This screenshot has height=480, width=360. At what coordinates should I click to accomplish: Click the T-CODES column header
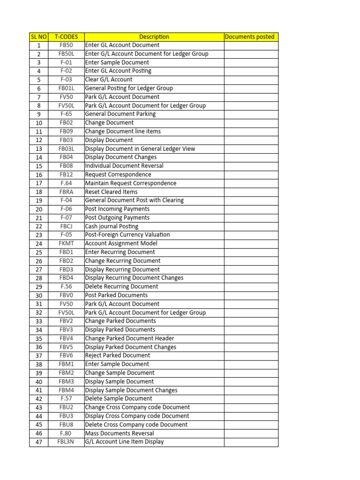66,37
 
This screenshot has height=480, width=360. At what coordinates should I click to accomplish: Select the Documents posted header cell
250,37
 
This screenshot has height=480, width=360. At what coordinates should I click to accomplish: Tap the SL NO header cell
38,37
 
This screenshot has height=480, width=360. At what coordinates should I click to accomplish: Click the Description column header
154,37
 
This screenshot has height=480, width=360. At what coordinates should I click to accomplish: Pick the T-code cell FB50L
66,54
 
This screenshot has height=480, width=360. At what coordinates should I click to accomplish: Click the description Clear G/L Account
109,80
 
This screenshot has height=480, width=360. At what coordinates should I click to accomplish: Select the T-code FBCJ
66,226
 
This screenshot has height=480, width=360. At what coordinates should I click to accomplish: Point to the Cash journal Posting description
112,226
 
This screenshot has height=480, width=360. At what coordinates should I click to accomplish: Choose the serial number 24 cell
38,244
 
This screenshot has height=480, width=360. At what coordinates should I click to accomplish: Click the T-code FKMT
66,244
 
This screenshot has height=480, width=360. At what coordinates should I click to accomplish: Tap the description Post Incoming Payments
117,209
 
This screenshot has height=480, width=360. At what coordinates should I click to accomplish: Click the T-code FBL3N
66,442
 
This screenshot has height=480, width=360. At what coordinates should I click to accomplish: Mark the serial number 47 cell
38,442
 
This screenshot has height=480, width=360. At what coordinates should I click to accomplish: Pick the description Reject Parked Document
118,356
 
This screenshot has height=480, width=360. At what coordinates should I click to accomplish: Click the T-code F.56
66,286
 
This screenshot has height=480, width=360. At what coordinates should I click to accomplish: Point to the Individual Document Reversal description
124,166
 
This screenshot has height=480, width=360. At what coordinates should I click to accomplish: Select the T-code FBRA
66,192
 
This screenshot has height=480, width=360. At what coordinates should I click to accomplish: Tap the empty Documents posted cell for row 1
250,45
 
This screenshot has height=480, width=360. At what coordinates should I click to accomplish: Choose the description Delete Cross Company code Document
136,425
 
